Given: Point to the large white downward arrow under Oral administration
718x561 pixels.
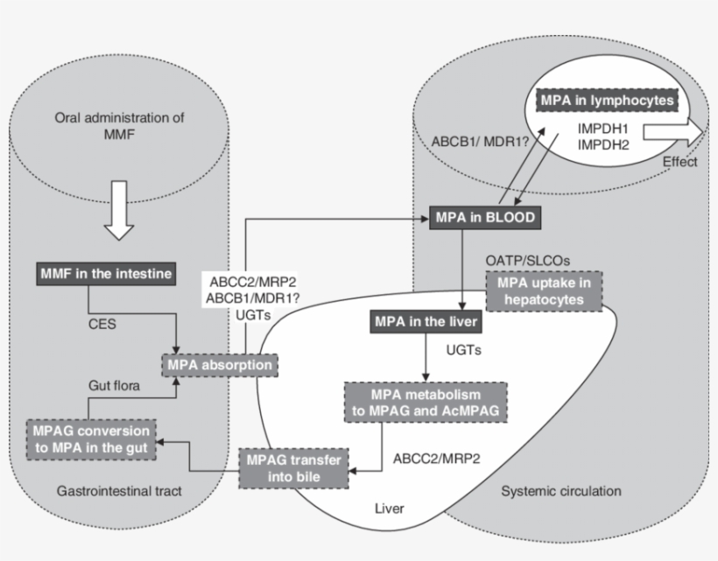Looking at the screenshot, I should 121,215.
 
